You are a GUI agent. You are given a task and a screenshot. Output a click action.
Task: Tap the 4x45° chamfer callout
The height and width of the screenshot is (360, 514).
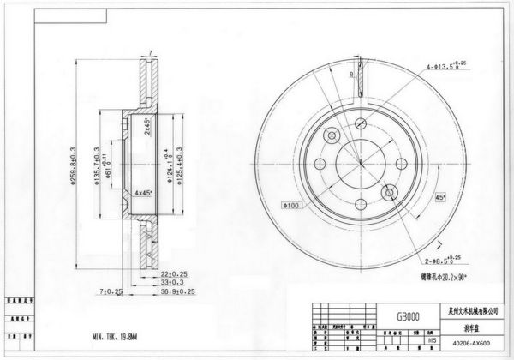coord(142,192)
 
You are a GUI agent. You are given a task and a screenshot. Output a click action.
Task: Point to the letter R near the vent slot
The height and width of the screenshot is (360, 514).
coord(351,75)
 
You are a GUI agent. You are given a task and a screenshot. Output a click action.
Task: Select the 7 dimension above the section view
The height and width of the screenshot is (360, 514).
coord(150,53)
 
